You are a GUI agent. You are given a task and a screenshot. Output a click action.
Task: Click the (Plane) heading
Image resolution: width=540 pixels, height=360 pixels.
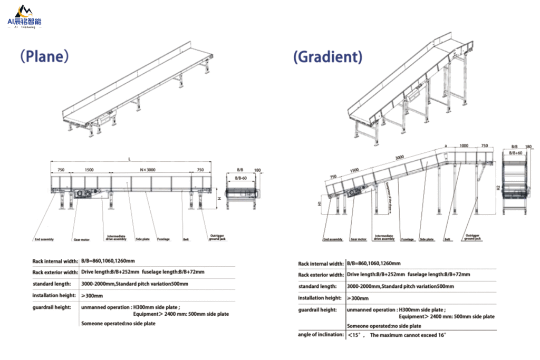pos(44,56)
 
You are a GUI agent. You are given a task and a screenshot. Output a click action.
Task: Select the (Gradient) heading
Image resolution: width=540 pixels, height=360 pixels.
pos(327,57)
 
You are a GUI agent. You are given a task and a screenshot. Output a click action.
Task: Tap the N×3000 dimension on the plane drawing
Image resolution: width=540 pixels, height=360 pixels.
pos(147,170)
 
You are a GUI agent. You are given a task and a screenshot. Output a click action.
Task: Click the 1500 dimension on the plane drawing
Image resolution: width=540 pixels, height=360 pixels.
pos(89,170)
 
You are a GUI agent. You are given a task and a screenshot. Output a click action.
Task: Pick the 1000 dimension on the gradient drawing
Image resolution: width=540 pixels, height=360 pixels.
pos(464,145)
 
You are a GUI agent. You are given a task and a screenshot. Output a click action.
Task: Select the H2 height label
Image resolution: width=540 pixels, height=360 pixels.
pos(498,188)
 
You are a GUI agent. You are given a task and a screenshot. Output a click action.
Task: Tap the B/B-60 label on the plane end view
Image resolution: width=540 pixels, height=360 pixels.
pos(240,178)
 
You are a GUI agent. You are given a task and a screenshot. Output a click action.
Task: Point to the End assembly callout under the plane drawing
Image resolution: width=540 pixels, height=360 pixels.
pos(44,239)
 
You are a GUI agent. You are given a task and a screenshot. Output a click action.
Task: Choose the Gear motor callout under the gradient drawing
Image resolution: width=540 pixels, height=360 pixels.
pos(358,239)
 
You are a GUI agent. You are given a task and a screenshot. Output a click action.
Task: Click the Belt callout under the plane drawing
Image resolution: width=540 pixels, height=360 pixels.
pos(186,239)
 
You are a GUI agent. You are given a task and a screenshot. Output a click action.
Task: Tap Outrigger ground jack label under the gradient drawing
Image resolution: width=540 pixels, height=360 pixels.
pos(472,237)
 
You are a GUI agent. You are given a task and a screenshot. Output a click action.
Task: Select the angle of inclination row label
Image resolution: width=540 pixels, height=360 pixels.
pos(321,335)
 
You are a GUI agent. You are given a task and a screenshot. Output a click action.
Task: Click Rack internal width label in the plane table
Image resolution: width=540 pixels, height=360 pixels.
pos(55,261)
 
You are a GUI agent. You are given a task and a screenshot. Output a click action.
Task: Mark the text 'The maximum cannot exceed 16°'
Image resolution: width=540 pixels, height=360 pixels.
pos(408,335)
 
